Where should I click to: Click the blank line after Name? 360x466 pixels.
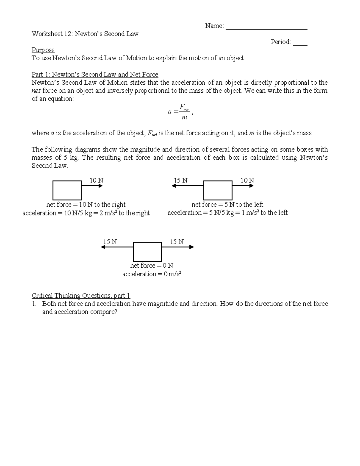click(266, 28)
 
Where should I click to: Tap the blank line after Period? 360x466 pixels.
click(300, 44)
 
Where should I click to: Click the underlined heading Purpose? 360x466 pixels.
click(43, 50)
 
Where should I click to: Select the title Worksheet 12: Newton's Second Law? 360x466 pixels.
click(85, 34)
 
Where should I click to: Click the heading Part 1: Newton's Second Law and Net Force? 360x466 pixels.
click(95, 74)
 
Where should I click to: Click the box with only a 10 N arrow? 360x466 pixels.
click(67, 190)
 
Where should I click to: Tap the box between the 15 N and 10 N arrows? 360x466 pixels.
click(217, 190)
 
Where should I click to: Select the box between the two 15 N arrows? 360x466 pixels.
click(147, 251)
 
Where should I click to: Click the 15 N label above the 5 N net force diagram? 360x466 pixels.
click(181, 180)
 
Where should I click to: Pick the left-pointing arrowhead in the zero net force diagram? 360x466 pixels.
click(103, 247)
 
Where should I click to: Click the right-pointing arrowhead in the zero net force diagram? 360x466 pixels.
click(192, 247)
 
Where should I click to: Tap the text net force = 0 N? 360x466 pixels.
click(151, 266)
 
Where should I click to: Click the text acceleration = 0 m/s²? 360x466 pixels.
click(151, 274)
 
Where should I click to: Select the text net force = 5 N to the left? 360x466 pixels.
click(227, 205)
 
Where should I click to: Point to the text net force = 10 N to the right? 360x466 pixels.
click(86, 205)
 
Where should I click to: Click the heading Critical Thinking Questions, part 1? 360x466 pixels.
click(81, 296)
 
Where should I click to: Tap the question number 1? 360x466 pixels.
click(34, 304)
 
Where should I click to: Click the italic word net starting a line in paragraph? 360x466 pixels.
click(36, 91)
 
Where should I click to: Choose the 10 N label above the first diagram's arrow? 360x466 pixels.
click(96, 180)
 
